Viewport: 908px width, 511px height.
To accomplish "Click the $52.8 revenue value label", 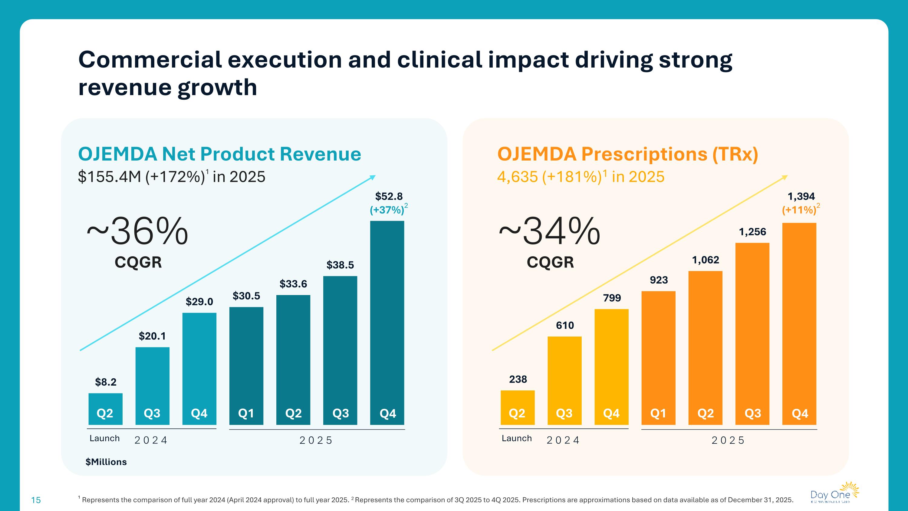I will [x=388, y=196].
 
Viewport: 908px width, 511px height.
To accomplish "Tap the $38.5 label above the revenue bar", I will [x=340, y=265].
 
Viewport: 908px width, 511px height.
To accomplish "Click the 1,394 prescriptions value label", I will [x=801, y=196].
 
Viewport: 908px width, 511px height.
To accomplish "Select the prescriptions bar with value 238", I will [x=518, y=407].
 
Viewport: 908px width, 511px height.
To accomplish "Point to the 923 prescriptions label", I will [x=658, y=280].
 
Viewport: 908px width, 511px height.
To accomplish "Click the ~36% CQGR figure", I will [x=137, y=232].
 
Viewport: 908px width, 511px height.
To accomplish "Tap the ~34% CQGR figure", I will [x=550, y=232].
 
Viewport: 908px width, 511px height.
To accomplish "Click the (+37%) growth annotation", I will [x=387, y=210].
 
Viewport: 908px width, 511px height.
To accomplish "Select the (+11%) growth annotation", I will [x=799, y=210].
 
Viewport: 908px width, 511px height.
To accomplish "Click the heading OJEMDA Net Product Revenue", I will [x=219, y=154].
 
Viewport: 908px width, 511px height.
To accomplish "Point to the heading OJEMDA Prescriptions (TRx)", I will [x=627, y=154].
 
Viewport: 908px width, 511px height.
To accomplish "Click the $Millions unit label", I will [x=106, y=462].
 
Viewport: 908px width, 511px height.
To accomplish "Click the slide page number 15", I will [x=36, y=500].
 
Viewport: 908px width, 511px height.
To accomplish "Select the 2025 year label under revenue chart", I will [x=316, y=440].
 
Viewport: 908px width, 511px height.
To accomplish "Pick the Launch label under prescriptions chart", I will [x=516, y=438].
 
